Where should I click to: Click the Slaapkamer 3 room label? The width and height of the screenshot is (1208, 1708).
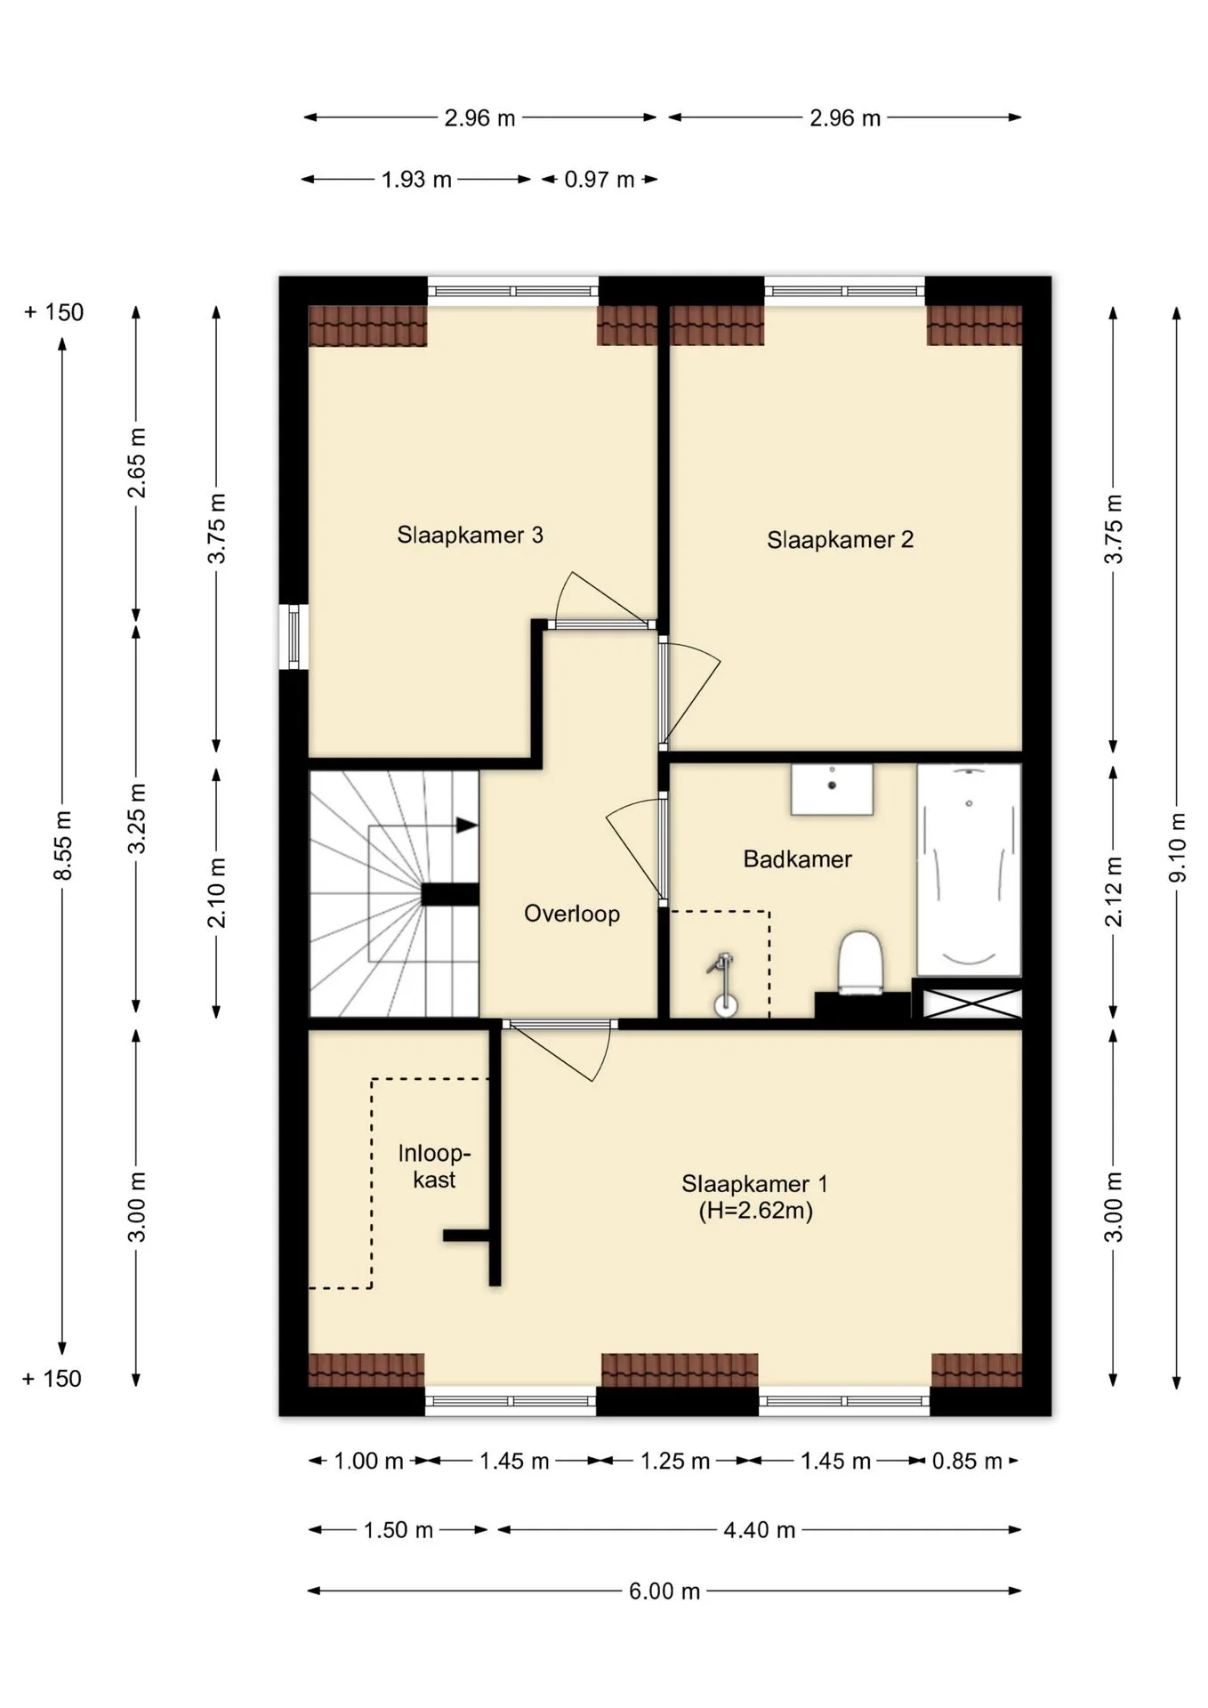[x=470, y=535]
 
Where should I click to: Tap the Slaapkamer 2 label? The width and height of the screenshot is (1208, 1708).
[x=840, y=539]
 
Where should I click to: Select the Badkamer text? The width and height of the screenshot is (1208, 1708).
[x=797, y=859]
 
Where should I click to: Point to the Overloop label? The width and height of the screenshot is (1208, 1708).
[x=572, y=914]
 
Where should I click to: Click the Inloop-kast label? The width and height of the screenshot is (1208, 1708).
[x=434, y=1166]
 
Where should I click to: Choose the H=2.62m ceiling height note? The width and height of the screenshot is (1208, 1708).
[x=755, y=1211]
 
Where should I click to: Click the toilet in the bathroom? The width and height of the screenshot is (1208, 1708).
[x=860, y=962]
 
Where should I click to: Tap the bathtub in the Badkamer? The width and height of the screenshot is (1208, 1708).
[x=969, y=869]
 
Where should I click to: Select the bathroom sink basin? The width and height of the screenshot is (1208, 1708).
[x=832, y=789]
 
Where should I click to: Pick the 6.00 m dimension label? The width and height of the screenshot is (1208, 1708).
[x=664, y=1591]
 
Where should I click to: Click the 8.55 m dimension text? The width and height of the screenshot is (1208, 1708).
[x=63, y=844]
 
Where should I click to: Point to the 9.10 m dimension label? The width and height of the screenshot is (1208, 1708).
[x=1176, y=847]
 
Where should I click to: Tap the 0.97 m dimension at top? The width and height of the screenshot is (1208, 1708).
[x=600, y=180]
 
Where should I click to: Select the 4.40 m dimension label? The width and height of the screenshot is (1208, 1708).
[x=759, y=1530]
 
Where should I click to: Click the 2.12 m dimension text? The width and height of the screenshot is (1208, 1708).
[x=1114, y=891]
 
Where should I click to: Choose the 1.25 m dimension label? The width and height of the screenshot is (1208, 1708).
[x=675, y=1461]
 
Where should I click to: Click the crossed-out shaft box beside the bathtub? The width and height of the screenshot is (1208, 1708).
[x=970, y=1003]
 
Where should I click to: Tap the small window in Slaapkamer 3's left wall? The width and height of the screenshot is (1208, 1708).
[x=294, y=637]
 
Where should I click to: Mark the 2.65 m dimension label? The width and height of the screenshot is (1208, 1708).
[x=136, y=463]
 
